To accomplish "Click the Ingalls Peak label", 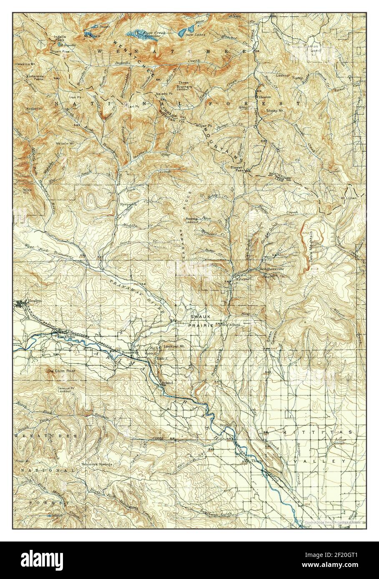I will [59, 39].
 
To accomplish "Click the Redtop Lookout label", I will [192, 220].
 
